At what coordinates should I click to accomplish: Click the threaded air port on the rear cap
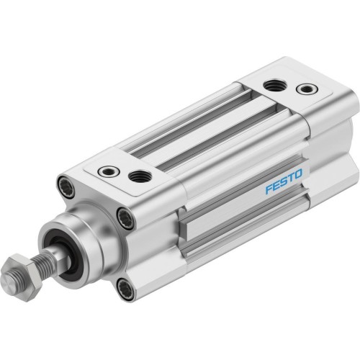(273, 85)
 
